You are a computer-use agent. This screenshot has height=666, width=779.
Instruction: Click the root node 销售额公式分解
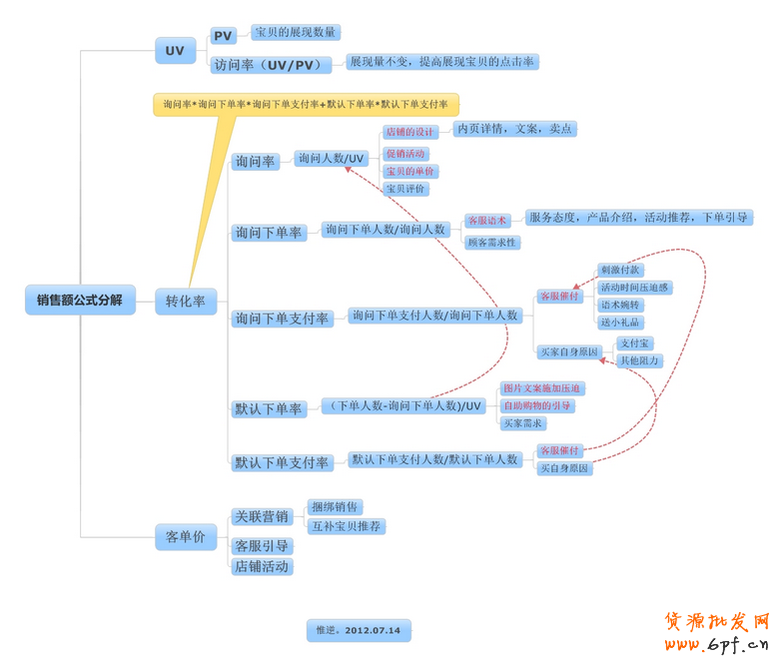click(80, 300)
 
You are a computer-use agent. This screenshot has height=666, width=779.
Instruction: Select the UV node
click(175, 50)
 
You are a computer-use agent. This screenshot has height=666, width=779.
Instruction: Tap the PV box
click(223, 36)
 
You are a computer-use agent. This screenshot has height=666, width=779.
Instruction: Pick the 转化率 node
click(186, 301)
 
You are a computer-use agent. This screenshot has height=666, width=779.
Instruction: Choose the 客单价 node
click(185, 536)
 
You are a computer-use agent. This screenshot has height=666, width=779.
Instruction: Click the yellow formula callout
click(306, 104)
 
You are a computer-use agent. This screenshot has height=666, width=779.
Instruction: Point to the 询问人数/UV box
click(332, 158)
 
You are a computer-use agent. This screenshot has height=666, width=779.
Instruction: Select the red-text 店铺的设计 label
click(410, 132)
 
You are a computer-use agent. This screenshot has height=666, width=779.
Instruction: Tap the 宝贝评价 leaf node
click(405, 189)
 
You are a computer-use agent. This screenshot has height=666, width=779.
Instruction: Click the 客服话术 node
click(487, 220)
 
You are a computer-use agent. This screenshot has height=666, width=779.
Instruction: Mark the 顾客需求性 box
click(492, 242)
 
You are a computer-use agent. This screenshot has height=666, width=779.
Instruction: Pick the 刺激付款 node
click(621, 270)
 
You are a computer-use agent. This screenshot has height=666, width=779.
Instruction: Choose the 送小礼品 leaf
click(620, 323)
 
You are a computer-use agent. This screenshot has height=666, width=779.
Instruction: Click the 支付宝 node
click(635, 343)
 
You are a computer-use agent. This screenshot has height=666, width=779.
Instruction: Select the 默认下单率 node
click(268, 408)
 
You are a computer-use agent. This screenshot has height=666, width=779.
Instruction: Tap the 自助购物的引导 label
click(537, 405)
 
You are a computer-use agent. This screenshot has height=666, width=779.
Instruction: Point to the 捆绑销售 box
click(337, 507)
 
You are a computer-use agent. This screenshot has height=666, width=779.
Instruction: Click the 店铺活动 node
click(262, 566)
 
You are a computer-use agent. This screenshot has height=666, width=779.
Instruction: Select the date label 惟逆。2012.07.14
click(358, 630)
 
